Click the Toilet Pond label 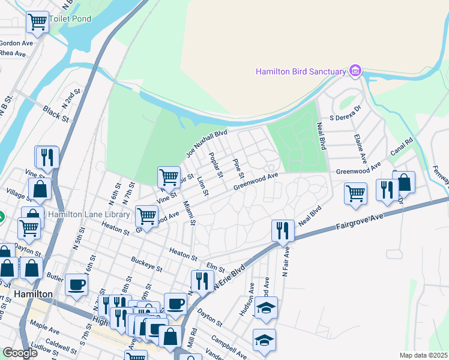coord(71,19)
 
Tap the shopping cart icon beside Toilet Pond coord(38,23)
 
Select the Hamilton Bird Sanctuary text coord(301,71)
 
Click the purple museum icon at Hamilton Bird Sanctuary coord(355,71)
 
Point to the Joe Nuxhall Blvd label coord(206,143)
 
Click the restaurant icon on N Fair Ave coord(282,230)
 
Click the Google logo coord(20,353)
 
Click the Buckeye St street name coord(148,264)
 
